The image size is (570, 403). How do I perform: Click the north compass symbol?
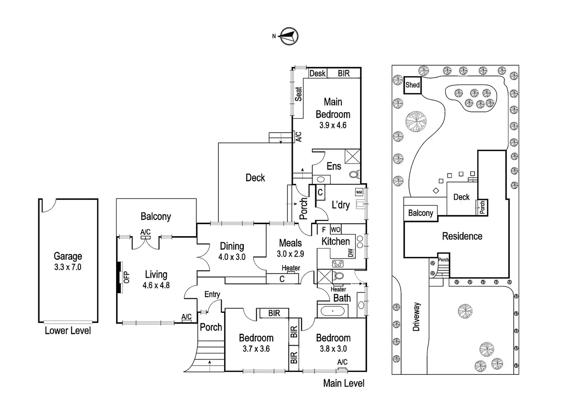[288, 36]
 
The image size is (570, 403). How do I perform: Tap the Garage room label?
[68, 256]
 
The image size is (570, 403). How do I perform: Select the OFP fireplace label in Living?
[126, 277]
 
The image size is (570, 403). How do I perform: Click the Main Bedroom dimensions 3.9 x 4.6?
[333, 125]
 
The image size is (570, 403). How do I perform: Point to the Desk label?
[318, 73]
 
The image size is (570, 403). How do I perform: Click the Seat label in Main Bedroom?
[299, 94]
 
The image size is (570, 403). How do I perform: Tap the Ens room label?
[334, 166]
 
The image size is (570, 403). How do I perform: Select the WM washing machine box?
[359, 192]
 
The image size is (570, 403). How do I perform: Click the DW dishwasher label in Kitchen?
[351, 253]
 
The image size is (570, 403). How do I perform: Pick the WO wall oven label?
[335, 230]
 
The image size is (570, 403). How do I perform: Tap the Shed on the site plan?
[412, 85]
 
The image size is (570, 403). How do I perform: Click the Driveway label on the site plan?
[416, 317]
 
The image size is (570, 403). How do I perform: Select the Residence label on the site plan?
[462, 236]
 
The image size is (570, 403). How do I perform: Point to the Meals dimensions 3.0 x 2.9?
[290, 254]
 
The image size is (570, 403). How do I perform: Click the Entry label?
[212, 294]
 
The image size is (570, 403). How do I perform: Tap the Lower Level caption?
[68, 331]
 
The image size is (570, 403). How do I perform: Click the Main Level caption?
[343, 383]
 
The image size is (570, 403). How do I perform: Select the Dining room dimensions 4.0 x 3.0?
[232, 257]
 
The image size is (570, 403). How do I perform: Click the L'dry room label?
[340, 205]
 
